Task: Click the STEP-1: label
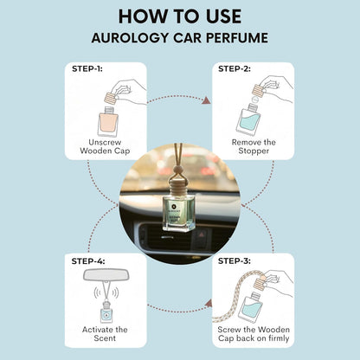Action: click(87, 68)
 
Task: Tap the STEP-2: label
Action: click(235, 68)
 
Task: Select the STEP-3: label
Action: click(235, 260)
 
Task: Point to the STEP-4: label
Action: click(88, 261)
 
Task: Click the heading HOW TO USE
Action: click(180, 16)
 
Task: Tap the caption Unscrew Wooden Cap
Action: click(105, 146)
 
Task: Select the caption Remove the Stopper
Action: click(254, 146)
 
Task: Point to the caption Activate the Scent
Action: click(105, 334)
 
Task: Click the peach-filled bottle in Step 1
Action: click(108, 121)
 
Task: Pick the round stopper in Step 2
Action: click(255, 100)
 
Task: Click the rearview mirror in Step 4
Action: click(106, 274)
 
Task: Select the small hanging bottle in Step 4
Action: click(106, 312)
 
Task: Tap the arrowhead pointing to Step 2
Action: click(206, 100)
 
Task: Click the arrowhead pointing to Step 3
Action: click(209, 304)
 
